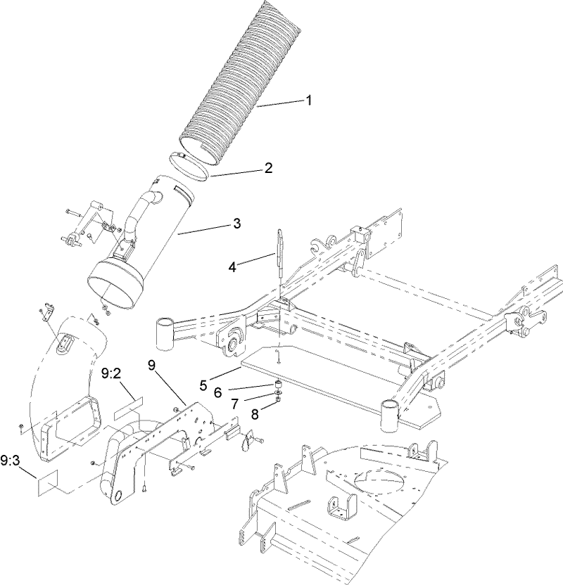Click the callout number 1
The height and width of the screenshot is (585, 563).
[x=308, y=100]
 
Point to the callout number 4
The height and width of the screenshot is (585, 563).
[x=232, y=266]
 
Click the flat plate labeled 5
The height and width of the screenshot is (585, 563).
[x=338, y=383]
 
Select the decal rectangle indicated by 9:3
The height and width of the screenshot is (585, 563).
[x=51, y=484]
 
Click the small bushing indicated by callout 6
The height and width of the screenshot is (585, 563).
[x=279, y=385]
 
